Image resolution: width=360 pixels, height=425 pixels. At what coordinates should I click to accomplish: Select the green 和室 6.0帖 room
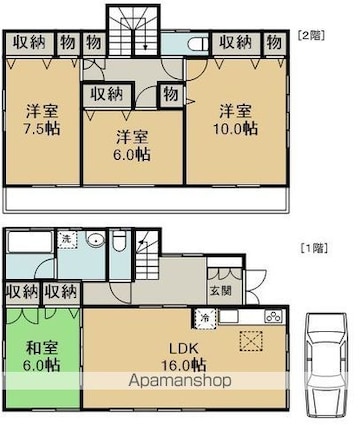42,357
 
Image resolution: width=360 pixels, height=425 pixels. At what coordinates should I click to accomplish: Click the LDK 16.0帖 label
184,357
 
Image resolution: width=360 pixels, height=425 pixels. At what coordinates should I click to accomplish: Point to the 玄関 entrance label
220,291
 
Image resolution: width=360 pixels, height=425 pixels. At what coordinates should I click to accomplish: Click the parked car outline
326,364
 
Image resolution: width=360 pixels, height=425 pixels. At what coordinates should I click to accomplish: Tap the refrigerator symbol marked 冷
206,318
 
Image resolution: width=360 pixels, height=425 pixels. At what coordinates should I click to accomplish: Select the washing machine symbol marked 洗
68,240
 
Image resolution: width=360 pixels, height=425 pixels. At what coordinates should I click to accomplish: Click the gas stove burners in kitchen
274,316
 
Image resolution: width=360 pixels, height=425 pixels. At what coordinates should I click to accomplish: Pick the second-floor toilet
197,44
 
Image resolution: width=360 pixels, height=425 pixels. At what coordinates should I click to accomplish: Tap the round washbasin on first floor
95,239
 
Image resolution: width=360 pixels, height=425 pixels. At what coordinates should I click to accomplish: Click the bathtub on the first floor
30,242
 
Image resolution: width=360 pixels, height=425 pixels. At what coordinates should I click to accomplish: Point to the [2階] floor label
311,35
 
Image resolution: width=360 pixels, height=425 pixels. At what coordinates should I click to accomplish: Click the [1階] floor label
314,248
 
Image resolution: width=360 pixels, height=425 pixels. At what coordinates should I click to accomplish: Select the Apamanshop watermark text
180,380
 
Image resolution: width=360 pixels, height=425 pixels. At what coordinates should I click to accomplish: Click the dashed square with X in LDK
251,341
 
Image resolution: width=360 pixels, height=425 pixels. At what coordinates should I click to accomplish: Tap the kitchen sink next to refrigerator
229,316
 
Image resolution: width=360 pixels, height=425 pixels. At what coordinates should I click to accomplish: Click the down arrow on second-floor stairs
145,40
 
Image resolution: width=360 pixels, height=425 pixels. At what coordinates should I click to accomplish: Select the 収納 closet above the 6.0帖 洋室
107,95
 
